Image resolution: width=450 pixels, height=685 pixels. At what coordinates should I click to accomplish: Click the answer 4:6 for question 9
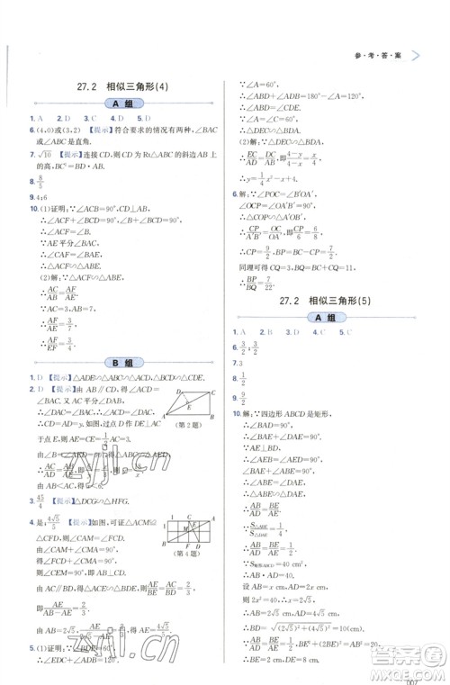42,197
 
